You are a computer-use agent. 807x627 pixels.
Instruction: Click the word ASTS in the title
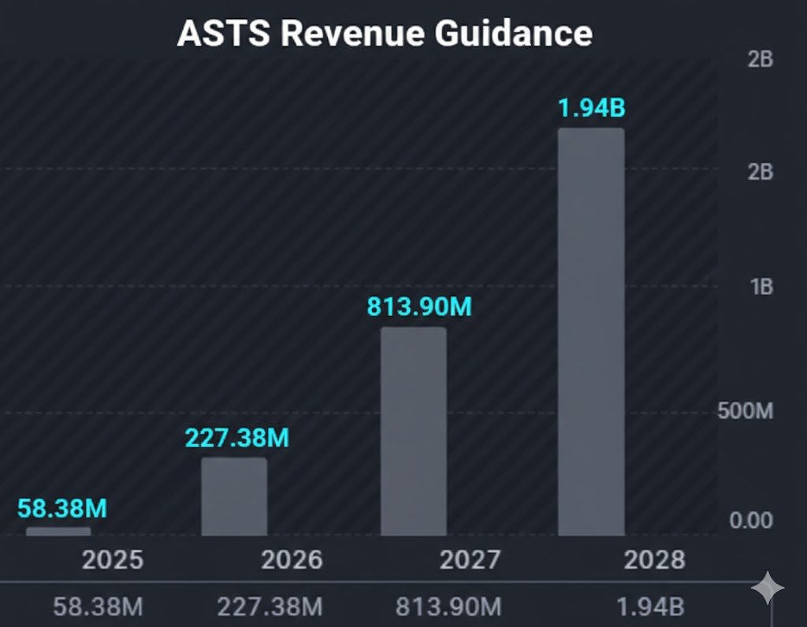click(x=222, y=34)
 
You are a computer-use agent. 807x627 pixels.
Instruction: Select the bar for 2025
click(x=58, y=532)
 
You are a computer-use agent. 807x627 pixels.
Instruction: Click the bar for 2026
click(x=234, y=497)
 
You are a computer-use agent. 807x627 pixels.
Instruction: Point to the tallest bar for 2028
click(x=591, y=332)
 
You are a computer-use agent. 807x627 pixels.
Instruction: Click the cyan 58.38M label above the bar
click(x=61, y=508)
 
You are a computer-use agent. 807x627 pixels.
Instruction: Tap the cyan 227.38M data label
click(x=236, y=438)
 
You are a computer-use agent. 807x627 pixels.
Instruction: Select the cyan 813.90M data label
click(x=418, y=306)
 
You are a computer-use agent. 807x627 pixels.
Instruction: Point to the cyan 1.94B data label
click(x=591, y=109)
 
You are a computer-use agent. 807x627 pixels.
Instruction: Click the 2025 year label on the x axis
click(x=113, y=560)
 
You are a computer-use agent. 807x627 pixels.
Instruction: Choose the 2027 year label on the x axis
click(x=470, y=560)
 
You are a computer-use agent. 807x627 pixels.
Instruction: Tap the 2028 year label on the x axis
click(x=654, y=560)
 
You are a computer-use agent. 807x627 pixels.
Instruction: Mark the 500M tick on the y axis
click(x=745, y=411)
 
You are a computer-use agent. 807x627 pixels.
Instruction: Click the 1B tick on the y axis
click(x=761, y=287)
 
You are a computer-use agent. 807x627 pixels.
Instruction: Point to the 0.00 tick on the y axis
click(x=750, y=521)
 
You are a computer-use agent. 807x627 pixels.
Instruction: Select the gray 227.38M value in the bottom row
click(x=270, y=607)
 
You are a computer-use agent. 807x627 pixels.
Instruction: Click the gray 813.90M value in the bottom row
click(x=448, y=607)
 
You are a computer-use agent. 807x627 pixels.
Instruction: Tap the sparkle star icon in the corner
click(x=768, y=588)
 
